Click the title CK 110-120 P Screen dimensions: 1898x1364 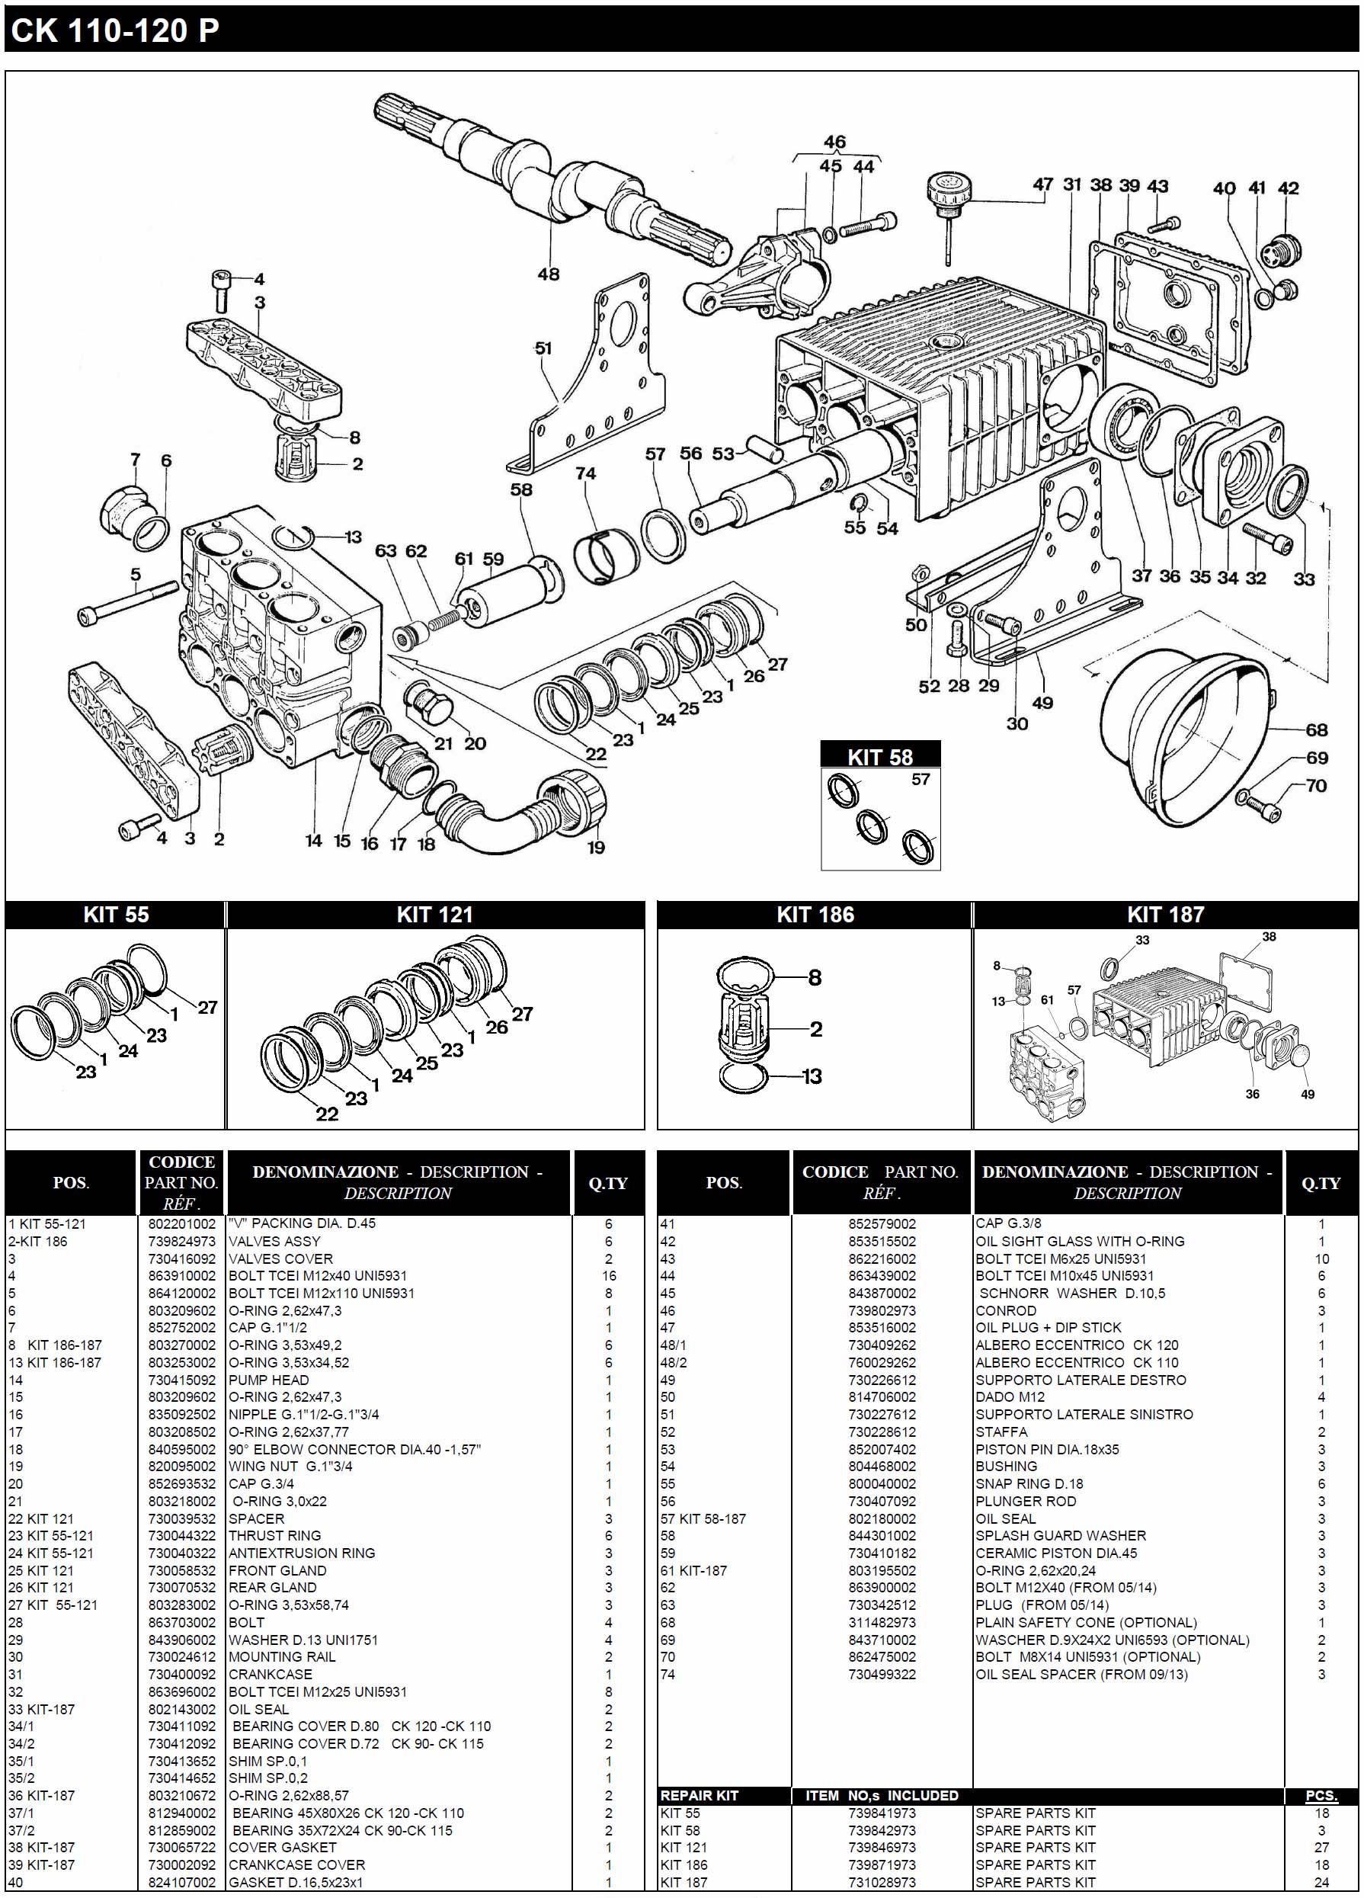(x=114, y=31)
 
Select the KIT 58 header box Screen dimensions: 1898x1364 (x=879, y=756)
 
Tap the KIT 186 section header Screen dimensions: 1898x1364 (x=815, y=915)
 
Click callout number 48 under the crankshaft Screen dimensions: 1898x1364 (x=548, y=274)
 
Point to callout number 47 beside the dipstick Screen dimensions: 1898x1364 (x=1042, y=185)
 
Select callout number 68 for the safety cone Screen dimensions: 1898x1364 (x=1316, y=729)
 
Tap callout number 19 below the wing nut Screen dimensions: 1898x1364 (x=596, y=847)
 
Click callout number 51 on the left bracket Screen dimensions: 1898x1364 (x=543, y=348)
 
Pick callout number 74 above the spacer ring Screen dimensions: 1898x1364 (x=586, y=473)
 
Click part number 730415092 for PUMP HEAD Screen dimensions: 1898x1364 (x=181, y=1380)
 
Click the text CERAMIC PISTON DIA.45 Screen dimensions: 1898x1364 (x=1056, y=1553)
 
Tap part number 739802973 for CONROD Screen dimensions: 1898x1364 (x=881, y=1310)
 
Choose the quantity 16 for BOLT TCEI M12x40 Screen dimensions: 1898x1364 (x=608, y=1276)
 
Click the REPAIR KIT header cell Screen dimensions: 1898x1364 (x=699, y=1795)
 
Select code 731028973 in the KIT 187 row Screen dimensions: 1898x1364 (x=881, y=1882)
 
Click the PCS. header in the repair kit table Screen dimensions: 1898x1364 (x=1321, y=1796)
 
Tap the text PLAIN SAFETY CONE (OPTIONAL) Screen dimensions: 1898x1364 (x=1085, y=1623)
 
